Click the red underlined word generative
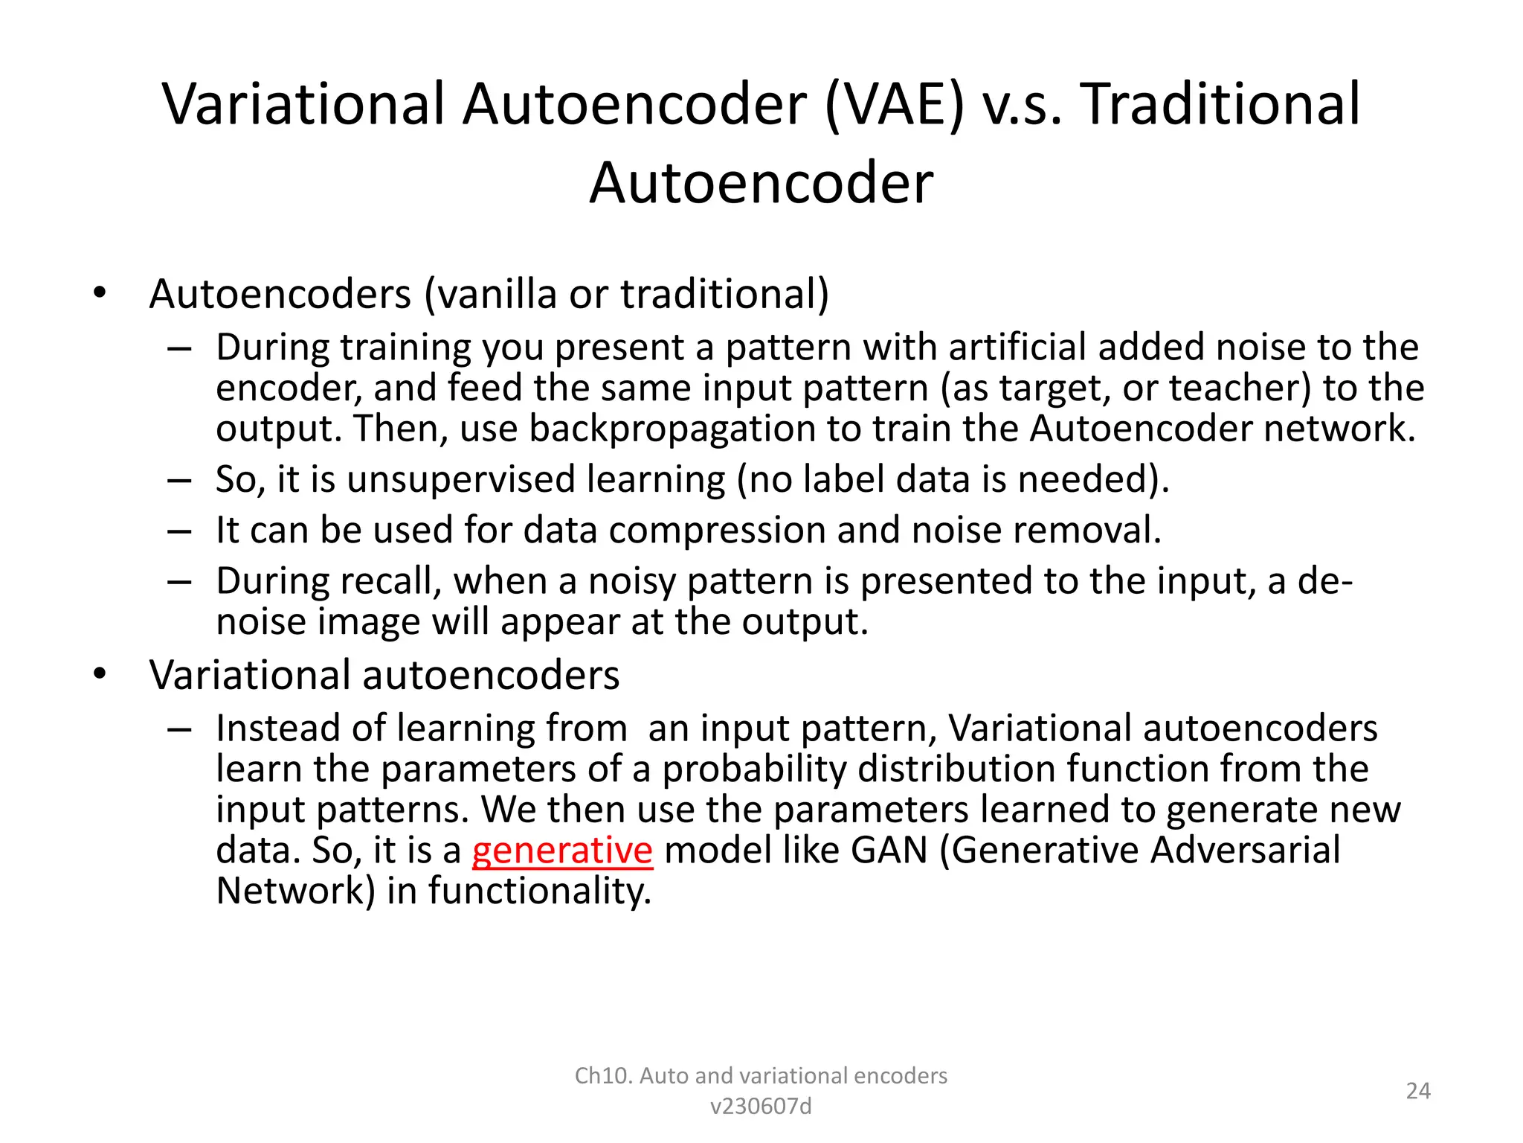[562, 851]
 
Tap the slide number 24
[1418, 1091]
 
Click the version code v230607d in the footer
[761, 1107]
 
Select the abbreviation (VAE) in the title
[895, 104]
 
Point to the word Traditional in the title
[1220, 104]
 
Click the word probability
[753, 769]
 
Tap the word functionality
[539, 891]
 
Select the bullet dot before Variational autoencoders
[100, 675]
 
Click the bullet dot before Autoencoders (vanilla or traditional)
[100, 294]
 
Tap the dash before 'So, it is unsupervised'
[179, 480]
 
